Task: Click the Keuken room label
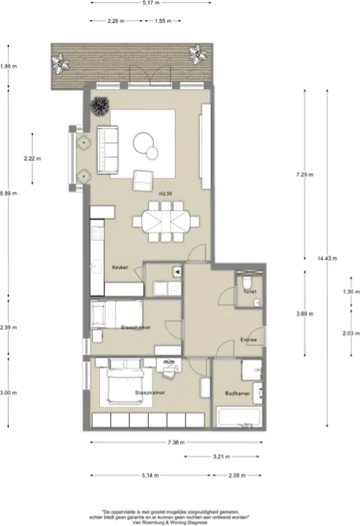tap(120, 267)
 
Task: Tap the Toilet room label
tap(250, 291)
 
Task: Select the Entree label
tap(250, 340)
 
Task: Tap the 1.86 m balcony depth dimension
tap(9, 67)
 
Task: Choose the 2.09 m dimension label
tap(237, 476)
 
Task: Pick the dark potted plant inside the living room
tap(101, 106)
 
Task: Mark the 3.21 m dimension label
tap(221, 457)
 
